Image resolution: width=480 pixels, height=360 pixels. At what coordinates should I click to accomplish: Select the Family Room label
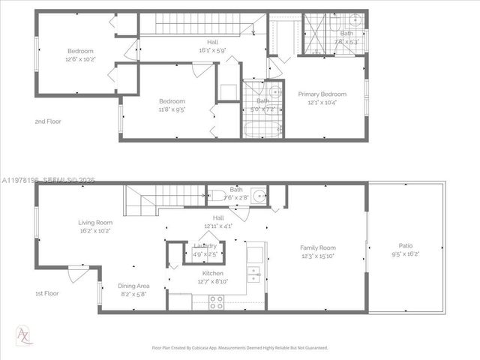point(317,247)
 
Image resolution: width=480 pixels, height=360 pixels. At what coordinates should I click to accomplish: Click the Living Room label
point(95,222)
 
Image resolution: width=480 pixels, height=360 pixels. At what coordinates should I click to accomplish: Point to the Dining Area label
point(133,286)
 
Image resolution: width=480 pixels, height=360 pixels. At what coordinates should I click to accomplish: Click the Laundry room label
point(205,246)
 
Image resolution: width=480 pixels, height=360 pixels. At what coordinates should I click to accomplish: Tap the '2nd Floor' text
point(48,121)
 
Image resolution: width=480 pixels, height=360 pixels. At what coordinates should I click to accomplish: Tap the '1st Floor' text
point(46,293)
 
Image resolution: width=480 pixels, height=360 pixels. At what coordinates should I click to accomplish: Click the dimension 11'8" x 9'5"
point(172,109)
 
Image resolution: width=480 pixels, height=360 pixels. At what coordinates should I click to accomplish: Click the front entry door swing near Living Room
point(76,275)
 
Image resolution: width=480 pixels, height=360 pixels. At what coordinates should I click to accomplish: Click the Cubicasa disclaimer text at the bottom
point(239,348)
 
